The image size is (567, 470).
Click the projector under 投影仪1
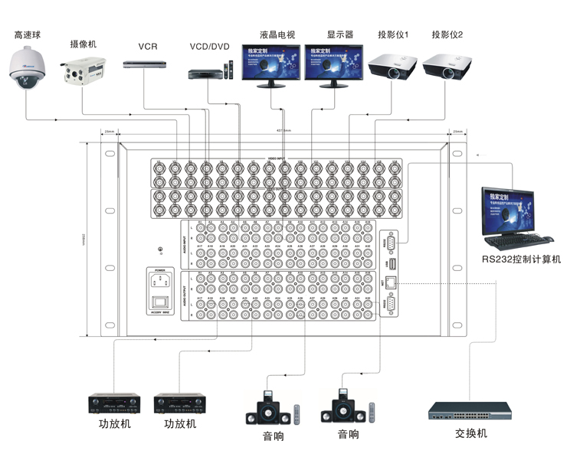(x=392, y=67)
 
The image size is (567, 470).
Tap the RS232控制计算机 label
(x=521, y=259)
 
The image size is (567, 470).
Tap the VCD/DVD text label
(x=210, y=47)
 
